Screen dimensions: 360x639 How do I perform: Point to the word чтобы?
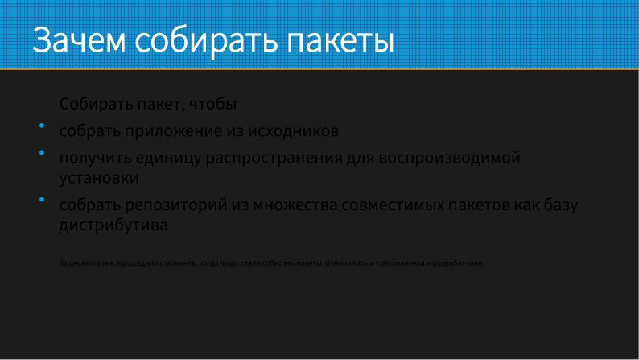(x=215, y=105)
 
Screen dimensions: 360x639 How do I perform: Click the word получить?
(x=93, y=158)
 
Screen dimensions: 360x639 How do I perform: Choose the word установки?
(x=99, y=178)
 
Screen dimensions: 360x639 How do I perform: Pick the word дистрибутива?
(x=113, y=226)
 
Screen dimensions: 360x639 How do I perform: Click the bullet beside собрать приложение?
(x=41, y=126)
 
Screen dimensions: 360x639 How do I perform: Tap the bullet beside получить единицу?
(x=41, y=152)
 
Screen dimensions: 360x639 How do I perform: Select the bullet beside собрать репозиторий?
(x=41, y=199)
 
